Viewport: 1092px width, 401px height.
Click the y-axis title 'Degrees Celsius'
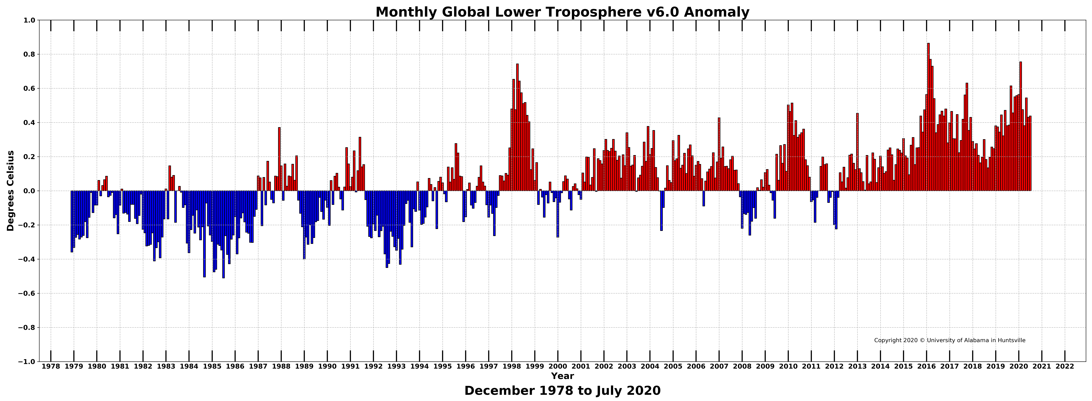11,191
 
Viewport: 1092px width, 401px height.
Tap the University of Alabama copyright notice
950,340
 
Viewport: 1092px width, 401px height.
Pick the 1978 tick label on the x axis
51,366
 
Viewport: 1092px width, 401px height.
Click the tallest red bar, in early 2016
928,117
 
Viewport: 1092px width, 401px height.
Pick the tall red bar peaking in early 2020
1020,127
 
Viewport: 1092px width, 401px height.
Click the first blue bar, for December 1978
72,222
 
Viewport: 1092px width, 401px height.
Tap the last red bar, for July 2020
1030,154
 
